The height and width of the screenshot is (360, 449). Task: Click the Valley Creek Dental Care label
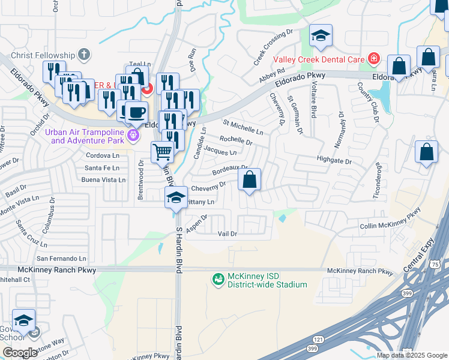(319, 59)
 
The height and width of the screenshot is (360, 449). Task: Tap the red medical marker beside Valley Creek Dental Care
(373, 58)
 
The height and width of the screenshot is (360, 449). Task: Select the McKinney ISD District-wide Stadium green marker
(217, 279)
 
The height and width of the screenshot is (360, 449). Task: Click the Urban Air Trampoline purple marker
(134, 137)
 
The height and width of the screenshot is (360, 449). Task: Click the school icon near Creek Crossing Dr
(321, 35)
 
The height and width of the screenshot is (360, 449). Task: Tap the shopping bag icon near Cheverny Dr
(249, 179)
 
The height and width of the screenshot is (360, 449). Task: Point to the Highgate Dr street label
(334, 161)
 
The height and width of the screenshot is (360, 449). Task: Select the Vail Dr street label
(228, 233)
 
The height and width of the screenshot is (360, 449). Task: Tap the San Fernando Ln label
(62, 258)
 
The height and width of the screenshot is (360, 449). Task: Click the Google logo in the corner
(20, 352)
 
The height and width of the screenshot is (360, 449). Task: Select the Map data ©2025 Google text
(411, 355)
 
